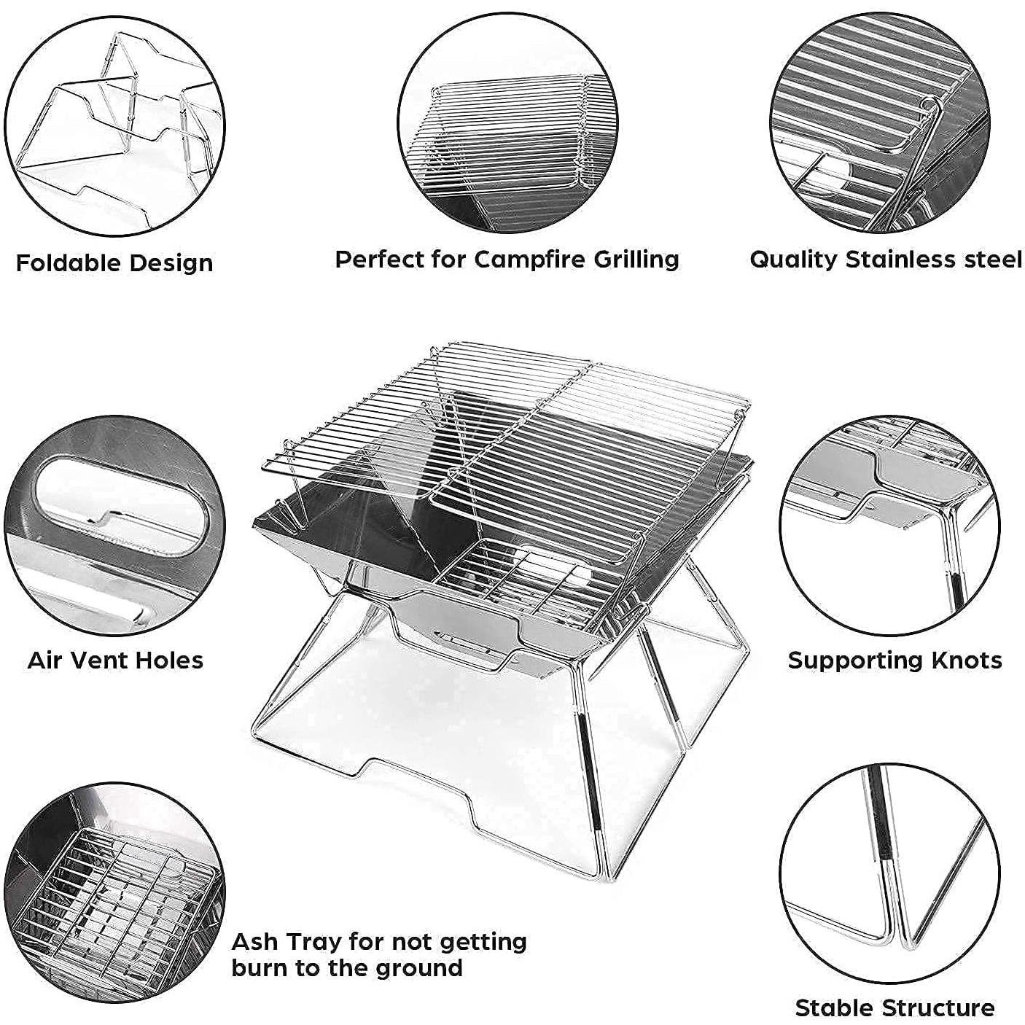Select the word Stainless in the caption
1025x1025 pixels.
click(911, 259)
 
